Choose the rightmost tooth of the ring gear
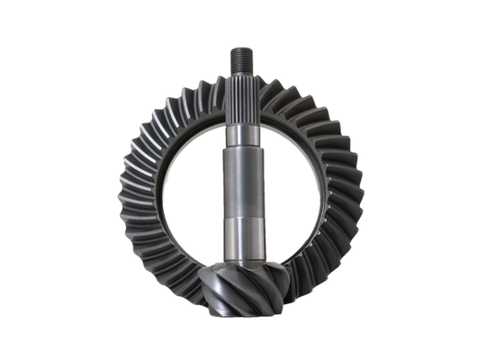pos(364,193)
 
